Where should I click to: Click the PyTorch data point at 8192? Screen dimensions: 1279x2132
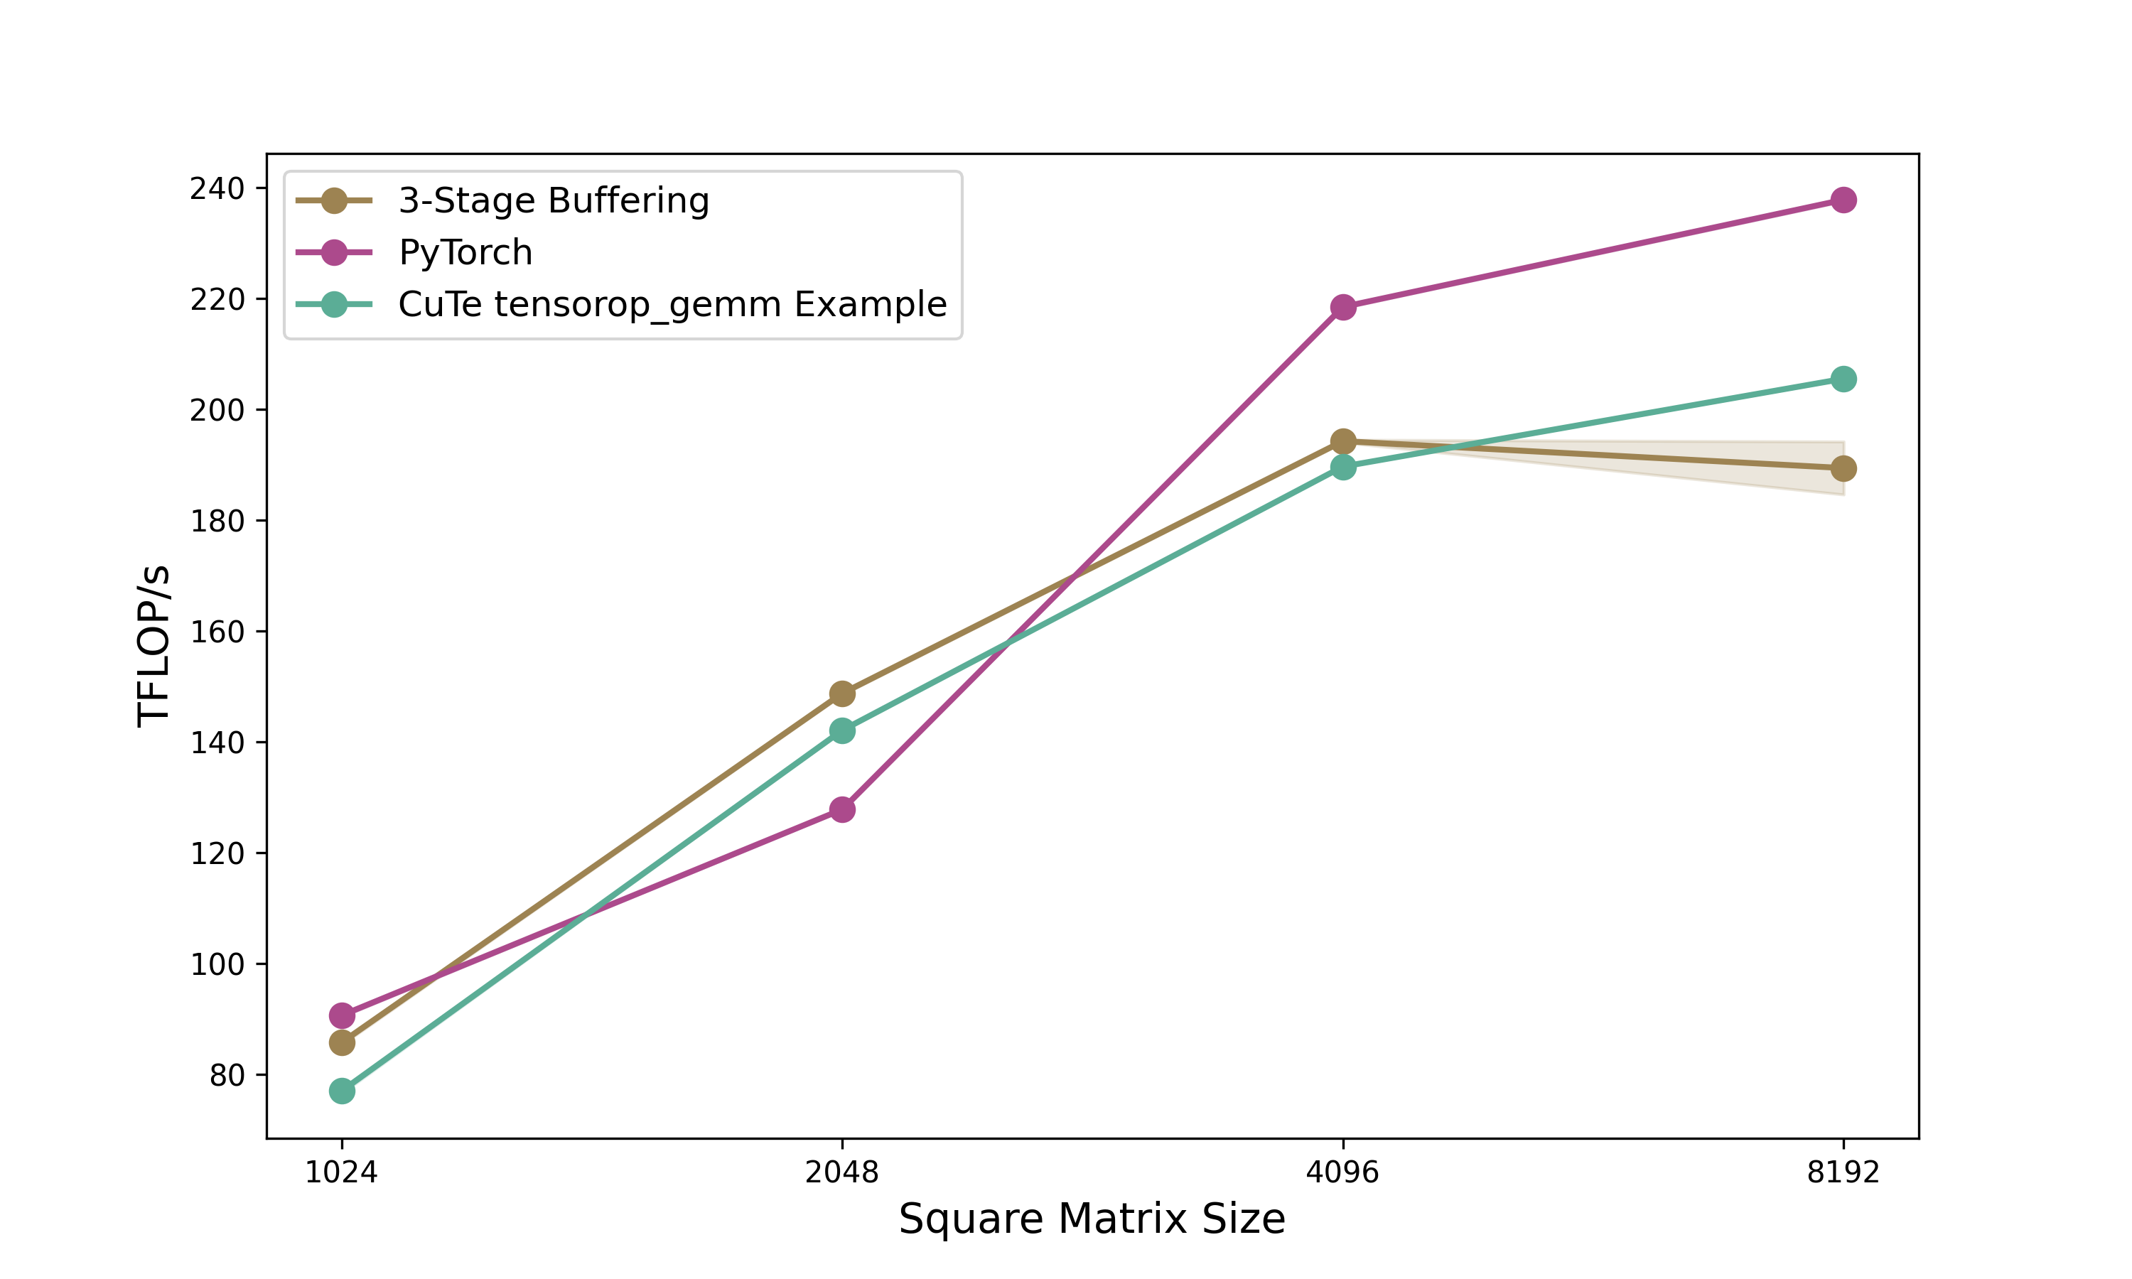1843,200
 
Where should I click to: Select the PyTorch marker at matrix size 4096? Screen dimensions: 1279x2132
1342,307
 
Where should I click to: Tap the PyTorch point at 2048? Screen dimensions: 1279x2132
842,809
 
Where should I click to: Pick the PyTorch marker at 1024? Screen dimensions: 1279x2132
342,1015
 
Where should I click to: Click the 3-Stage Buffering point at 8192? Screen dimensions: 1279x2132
1843,469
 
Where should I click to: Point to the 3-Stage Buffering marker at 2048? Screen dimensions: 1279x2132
842,694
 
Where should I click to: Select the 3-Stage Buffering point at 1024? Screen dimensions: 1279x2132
342,1043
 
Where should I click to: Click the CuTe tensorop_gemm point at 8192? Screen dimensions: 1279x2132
1843,379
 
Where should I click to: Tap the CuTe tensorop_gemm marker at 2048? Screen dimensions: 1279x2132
842,731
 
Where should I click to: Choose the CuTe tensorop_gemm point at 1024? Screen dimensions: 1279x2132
342,1091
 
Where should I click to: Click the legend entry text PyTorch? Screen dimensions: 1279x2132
465,252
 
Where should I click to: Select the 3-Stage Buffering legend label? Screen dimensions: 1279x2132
553,201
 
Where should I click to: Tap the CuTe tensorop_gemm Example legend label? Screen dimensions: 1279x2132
672,304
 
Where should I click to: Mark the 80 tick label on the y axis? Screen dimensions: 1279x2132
227,1076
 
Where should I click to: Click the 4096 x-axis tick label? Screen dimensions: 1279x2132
1342,1173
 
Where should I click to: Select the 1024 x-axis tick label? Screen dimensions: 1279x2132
342,1173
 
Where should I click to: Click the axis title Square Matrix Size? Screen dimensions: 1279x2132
1092,1219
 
